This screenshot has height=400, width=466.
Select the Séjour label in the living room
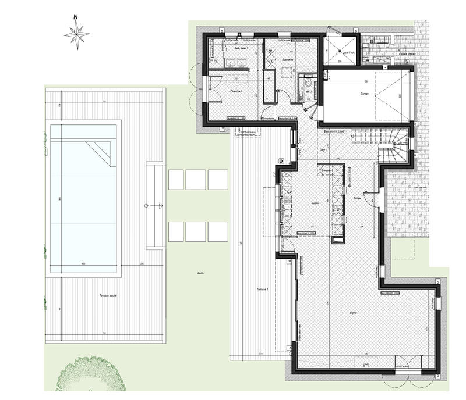[x=354, y=313]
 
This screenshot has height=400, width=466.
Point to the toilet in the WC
[x=308, y=83]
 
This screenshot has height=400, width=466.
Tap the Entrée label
[x=357, y=198]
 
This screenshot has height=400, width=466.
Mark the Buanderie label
[x=285, y=59]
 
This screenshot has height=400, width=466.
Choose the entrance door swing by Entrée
[x=376, y=201]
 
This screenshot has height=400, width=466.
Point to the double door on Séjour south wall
[x=408, y=363]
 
